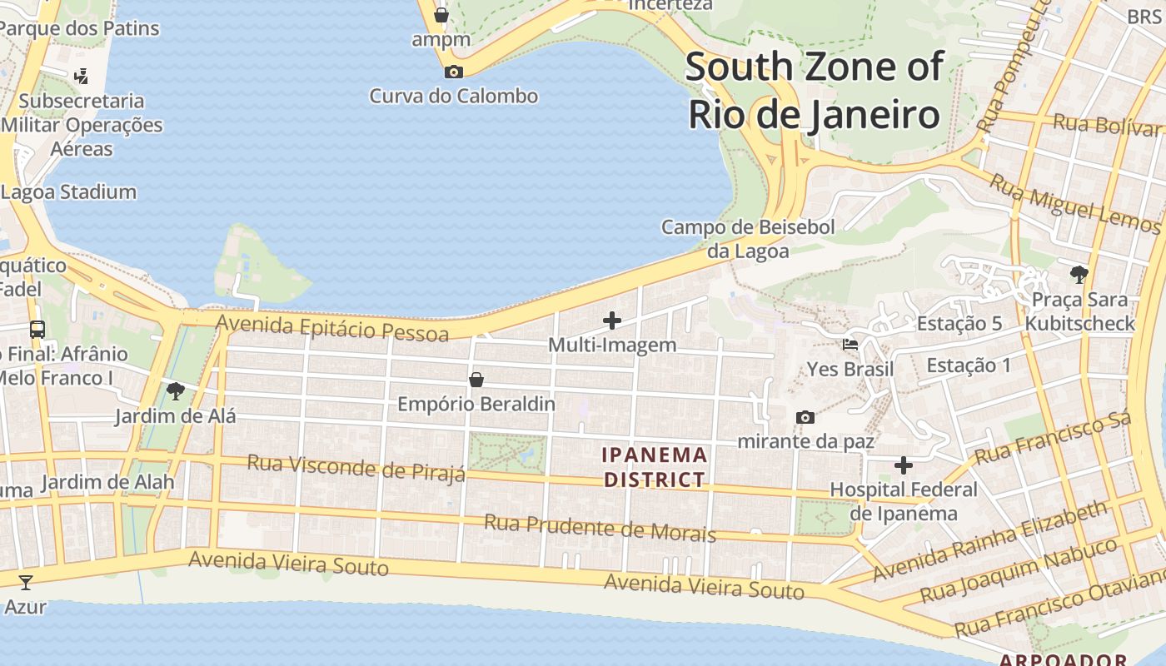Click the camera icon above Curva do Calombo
tap(454, 72)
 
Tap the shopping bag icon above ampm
tap(441, 15)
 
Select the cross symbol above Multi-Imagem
tap(612, 321)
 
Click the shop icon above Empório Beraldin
tap(476, 380)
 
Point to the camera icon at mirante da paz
tap(805, 417)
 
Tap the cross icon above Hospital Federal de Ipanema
tap(904, 465)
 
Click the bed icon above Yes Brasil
tap(850, 345)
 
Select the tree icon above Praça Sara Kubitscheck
tap(1079, 274)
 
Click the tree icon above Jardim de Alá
tap(175, 390)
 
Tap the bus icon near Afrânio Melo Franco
tap(37, 329)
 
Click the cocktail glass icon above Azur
tap(26, 582)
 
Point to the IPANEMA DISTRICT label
tap(655, 467)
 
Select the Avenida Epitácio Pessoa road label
tap(332, 327)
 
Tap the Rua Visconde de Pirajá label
tap(356, 467)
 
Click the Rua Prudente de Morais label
tap(600, 527)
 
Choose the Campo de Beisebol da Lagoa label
tap(747, 238)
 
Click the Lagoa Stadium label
tap(68, 191)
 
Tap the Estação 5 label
tap(959, 323)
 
